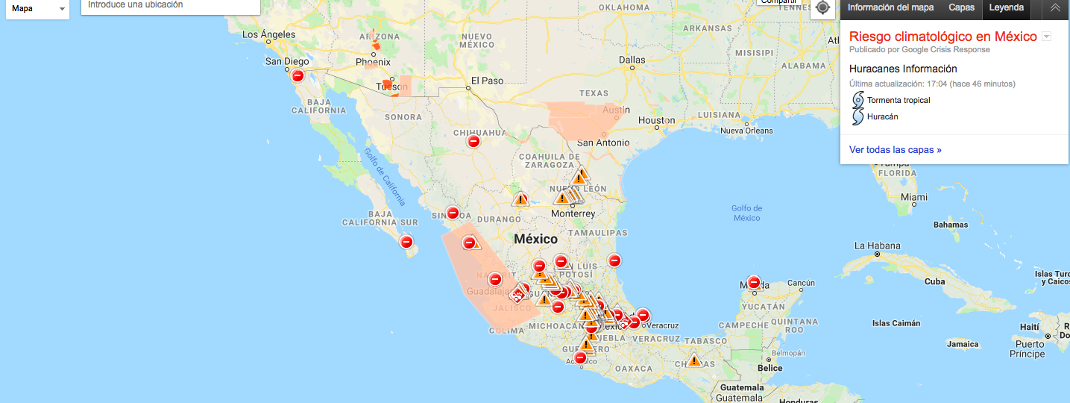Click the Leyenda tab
pos(1006,7)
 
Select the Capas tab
pos(961,7)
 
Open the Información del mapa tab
pos(890,7)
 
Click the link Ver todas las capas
pos(895,150)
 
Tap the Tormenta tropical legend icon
pos(858,100)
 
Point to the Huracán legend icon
pos(858,117)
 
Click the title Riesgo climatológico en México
pos(942,37)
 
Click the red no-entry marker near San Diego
pos(298,75)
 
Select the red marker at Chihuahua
pos(473,141)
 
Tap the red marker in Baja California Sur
pos(406,242)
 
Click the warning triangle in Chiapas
pos(694,360)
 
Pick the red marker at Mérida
pos(754,283)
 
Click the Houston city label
pos(656,120)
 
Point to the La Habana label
pos(877,246)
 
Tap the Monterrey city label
pos(573,213)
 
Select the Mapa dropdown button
pos(38,9)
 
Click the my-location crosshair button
pos(822,7)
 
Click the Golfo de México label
pos(746,213)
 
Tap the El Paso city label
pos(487,81)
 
